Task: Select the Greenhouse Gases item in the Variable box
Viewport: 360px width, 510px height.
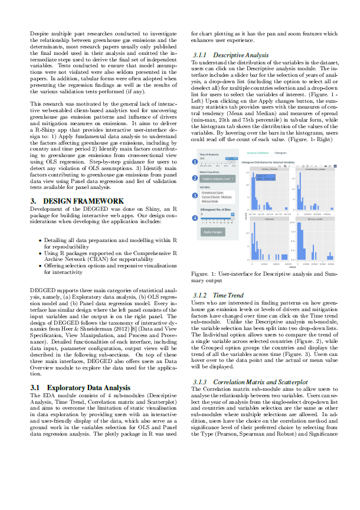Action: point(212,192)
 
